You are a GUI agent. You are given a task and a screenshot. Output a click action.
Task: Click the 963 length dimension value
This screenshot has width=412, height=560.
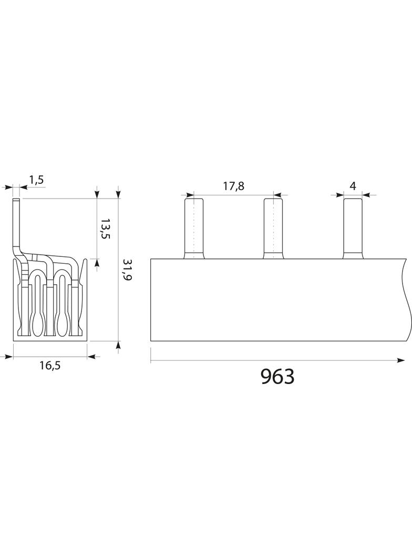click(277, 376)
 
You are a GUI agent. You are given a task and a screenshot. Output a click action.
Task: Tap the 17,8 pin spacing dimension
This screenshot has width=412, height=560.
click(233, 186)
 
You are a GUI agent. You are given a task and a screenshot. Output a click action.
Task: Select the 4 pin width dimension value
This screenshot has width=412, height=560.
click(353, 186)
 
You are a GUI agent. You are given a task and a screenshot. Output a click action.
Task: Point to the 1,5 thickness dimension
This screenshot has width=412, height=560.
click(36, 180)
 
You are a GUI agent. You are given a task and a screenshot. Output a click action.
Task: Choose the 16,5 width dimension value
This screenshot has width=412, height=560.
click(50, 365)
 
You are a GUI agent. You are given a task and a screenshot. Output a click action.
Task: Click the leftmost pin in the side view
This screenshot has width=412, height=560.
click(194, 229)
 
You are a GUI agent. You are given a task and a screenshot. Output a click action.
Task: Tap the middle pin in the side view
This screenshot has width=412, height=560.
click(273, 229)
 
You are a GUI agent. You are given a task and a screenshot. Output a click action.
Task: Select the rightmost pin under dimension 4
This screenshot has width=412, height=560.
click(353, 229)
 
